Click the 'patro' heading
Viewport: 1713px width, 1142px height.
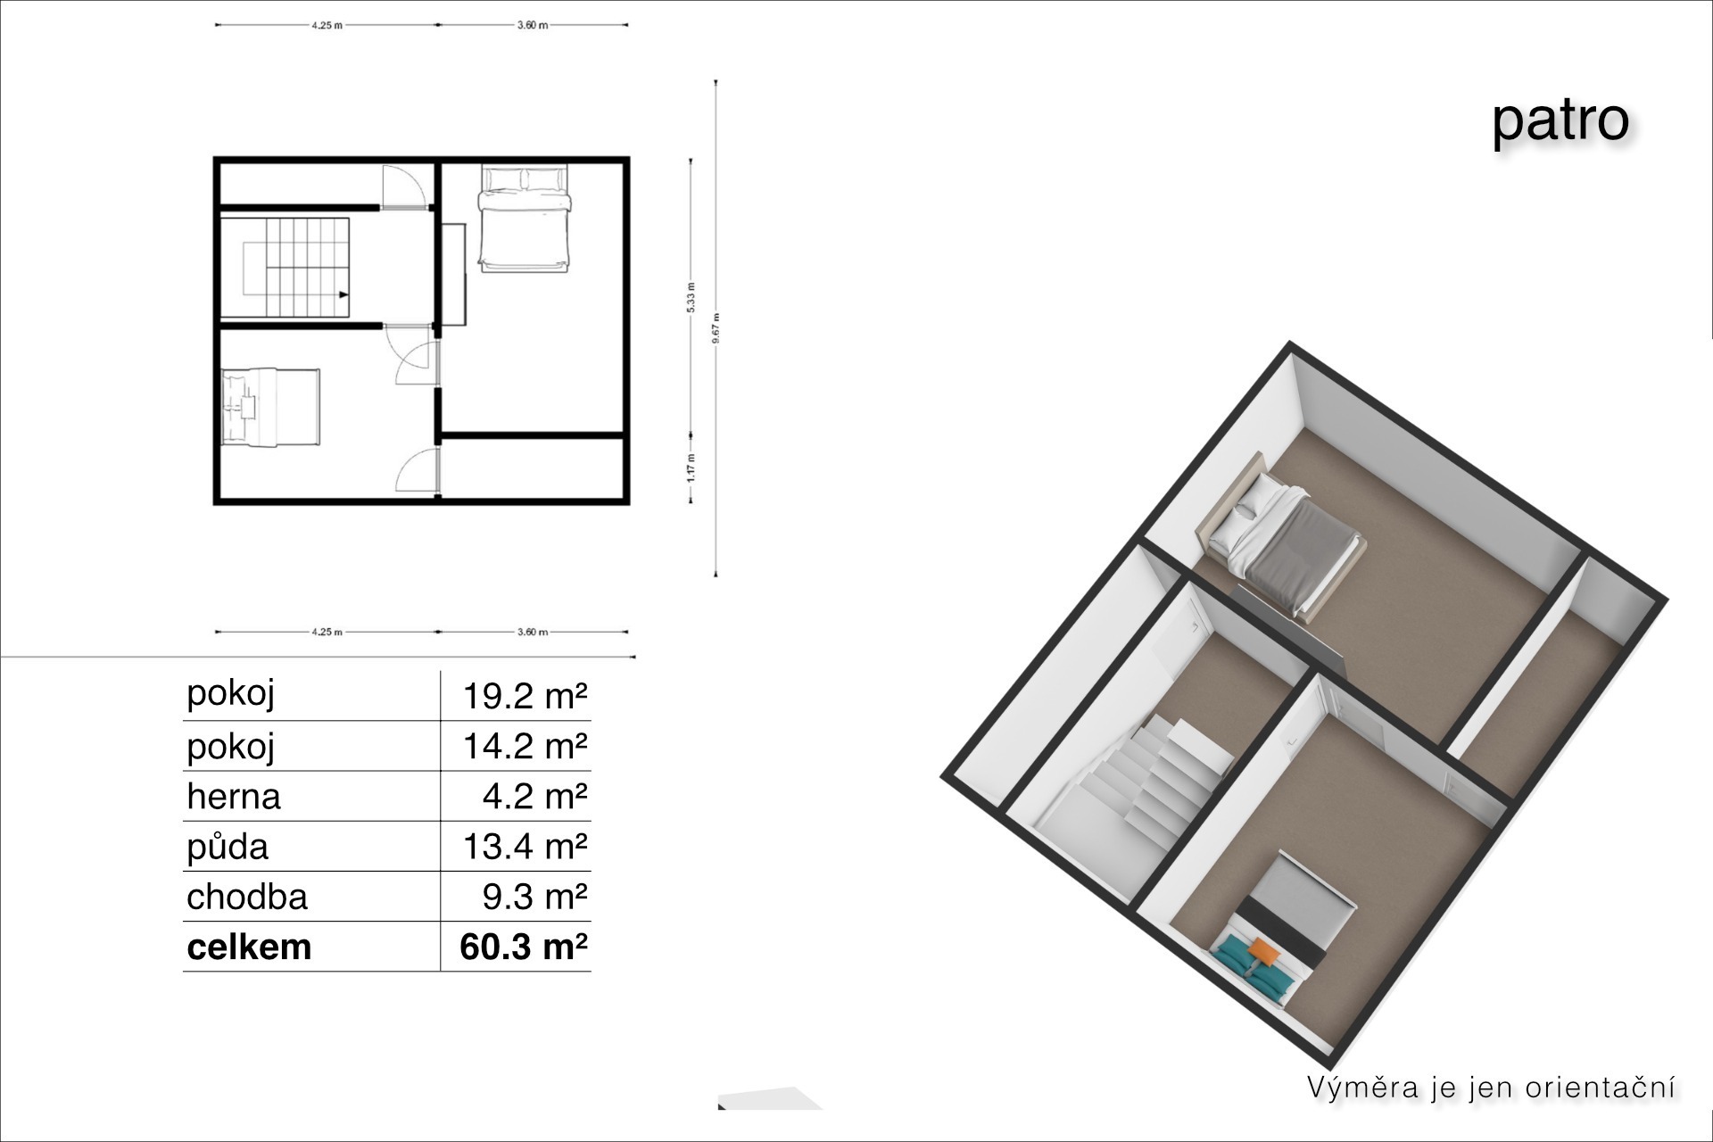1560,120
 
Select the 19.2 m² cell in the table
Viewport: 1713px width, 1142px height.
525,696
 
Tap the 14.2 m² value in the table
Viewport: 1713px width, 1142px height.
525,746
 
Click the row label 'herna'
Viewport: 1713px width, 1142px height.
234,796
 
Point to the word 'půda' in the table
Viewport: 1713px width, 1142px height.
228,846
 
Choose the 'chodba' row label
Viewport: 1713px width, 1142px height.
247,896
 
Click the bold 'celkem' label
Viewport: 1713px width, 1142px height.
250,947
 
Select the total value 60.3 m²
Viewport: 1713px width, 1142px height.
524,947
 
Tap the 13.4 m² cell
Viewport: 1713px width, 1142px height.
525,846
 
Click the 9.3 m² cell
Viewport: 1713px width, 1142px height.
534,897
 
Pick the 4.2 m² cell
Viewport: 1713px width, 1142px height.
534,796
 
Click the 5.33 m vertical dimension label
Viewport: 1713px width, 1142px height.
691,297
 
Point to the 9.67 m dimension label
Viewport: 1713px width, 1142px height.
716,327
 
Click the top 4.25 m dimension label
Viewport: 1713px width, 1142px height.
327,25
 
